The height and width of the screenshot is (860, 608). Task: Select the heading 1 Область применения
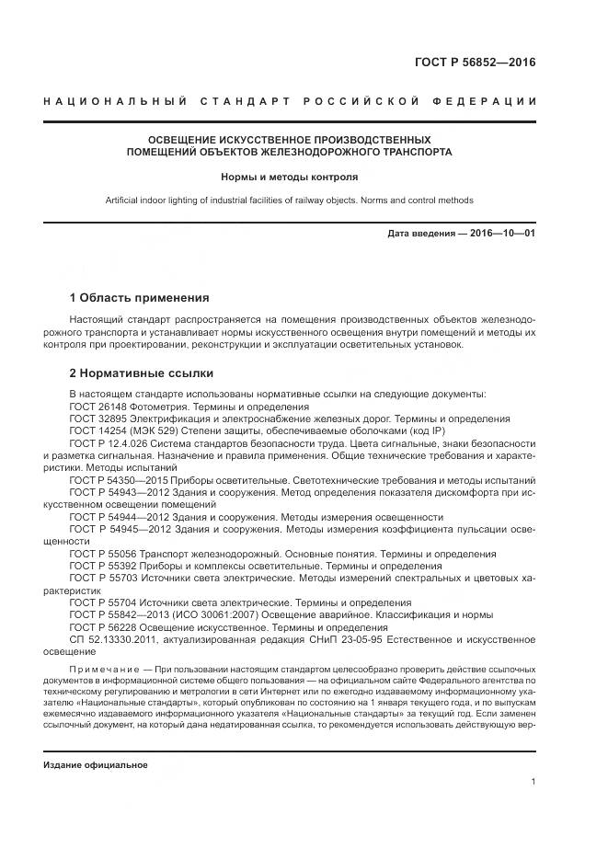click(140, 298)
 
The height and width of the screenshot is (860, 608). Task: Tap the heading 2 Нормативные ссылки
click(142, 373)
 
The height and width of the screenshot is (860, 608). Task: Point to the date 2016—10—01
click(502, 234)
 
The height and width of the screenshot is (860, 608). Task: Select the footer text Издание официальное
click(96, 765)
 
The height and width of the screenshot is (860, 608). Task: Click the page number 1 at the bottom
click(533, 781)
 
